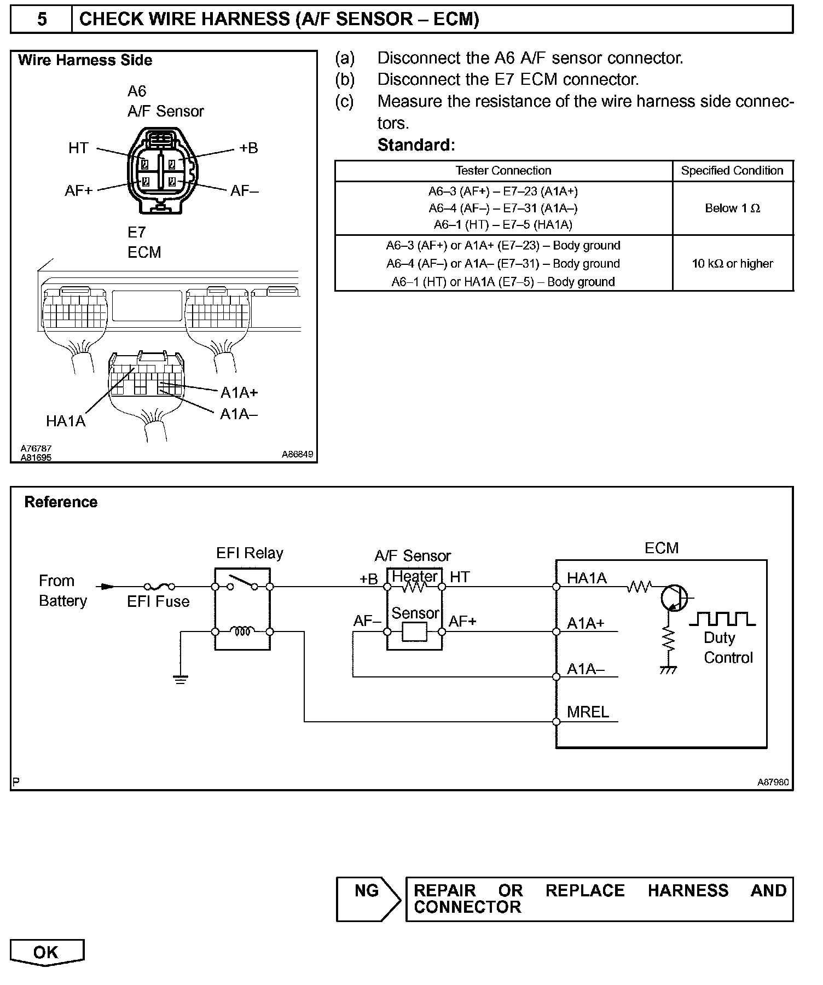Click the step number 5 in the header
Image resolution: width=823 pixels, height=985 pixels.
42,20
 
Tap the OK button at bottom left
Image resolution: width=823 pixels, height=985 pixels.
47,952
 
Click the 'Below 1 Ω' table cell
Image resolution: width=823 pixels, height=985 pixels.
732,208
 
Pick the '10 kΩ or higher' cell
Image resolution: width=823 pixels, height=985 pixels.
732,264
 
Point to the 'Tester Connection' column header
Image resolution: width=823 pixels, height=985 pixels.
503,171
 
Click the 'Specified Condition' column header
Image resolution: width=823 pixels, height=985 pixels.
732,171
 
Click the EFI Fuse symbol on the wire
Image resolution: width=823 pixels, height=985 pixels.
159,587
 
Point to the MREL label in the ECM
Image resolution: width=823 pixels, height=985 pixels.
588,712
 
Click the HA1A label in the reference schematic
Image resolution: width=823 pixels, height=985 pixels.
587,578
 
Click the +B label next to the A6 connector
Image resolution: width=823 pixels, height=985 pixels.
248,148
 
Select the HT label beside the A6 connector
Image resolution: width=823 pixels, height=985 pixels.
78,148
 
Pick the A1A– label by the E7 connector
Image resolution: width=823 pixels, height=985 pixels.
239,414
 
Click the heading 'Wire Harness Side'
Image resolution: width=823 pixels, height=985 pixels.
85,61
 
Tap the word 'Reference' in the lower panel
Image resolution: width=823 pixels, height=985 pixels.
61,502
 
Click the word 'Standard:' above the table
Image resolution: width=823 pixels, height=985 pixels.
416,145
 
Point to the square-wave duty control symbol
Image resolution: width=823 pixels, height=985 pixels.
722,619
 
